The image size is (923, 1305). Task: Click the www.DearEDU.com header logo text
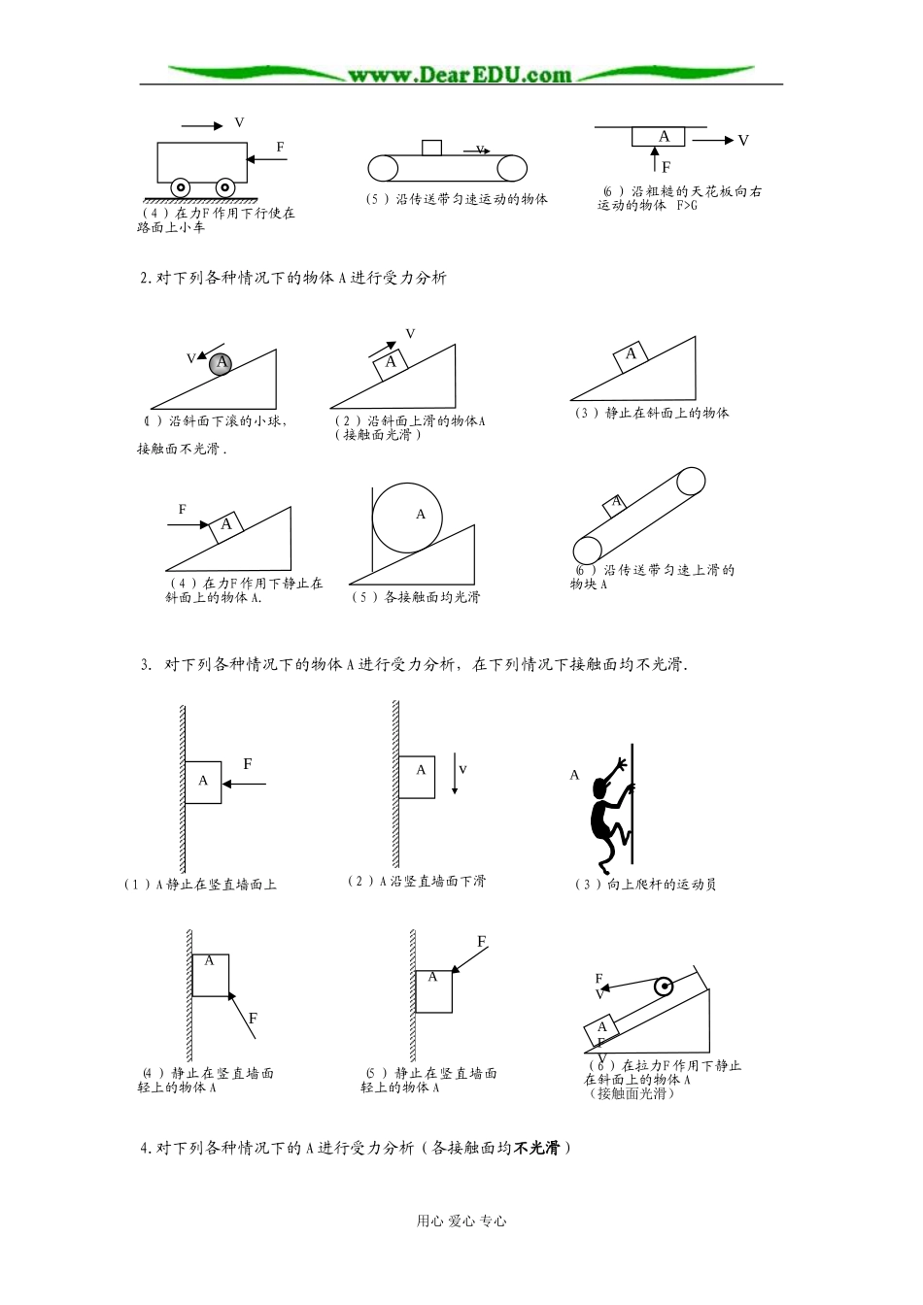[x=460, y=75]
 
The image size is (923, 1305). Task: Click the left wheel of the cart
[x=181, y=186]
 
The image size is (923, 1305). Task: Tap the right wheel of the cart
[x=225, y=186]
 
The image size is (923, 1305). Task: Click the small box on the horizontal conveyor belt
[x=431, y=148]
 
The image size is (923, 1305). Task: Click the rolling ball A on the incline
[x=222, y=363]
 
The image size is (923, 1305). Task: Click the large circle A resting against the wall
[x=407, y=517]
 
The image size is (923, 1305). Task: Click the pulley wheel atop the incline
[x=664, y=987]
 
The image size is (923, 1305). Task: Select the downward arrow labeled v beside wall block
[x=455, y=774]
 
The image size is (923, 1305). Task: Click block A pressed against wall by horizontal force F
[x=203, y=782]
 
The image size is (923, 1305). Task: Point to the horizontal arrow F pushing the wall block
[x=244, y=782]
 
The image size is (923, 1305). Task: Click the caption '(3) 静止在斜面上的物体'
[x=651, y=414]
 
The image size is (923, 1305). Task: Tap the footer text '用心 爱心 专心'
[x=461, y=1221]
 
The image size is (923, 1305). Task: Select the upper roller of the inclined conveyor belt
[x=691, y=482]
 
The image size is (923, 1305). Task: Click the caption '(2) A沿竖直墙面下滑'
[x=416, y=882]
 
